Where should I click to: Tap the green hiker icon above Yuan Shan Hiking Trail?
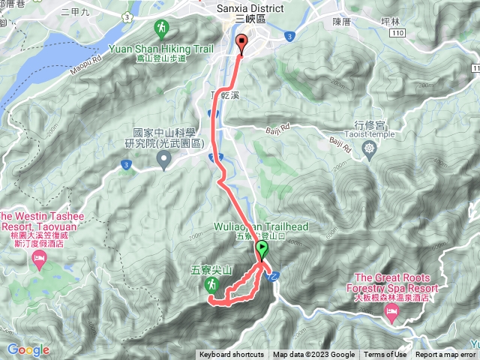[x=161, y=28]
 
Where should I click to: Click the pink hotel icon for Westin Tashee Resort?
[x=39, y=259]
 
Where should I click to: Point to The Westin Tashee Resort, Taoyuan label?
[x=39, y=226]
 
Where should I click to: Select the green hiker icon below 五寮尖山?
[x=212, y=285]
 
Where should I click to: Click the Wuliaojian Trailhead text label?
[x=262, y=226]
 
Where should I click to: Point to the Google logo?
[x=28, y=350]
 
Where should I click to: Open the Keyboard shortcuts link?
[x=232, y=355]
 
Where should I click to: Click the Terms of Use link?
[x=385, y=355]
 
